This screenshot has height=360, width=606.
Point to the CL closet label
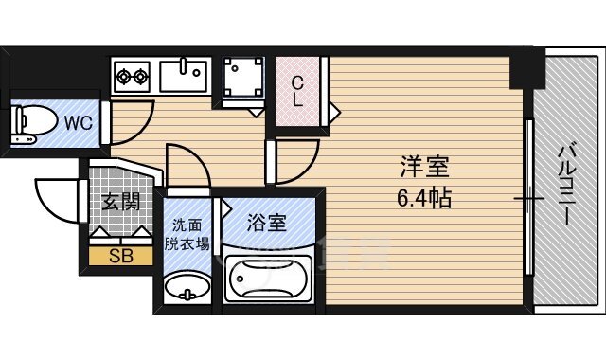tap(297, 90)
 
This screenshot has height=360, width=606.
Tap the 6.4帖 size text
tap(423, 198)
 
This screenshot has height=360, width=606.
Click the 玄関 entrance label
tap(117, 201)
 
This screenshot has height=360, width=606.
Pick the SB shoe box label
tap(120, 255)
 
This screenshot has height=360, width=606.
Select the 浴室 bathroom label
tap(266, 225)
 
